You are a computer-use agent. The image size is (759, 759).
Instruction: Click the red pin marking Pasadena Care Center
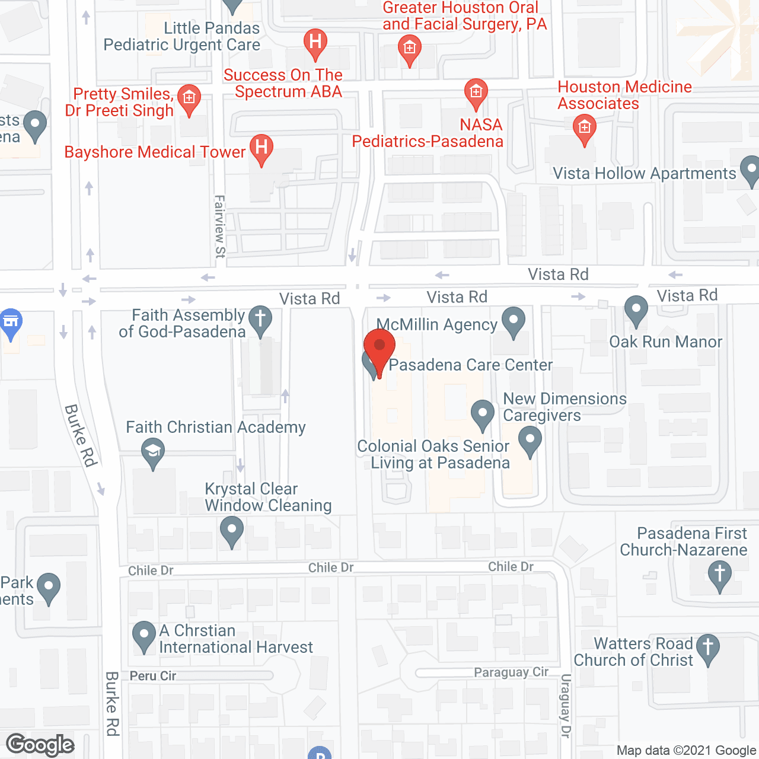(379, 347)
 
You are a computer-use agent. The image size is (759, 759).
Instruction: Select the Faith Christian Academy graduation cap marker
(153, 452)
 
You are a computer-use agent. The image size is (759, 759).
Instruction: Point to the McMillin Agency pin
(514, 321)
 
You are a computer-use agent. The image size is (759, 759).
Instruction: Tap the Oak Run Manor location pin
(636, 310)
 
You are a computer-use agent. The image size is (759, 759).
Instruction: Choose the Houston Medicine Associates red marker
(585, 129)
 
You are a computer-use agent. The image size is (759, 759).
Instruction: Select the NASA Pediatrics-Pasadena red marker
(476, 93)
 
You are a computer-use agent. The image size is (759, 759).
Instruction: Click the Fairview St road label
(220, 227)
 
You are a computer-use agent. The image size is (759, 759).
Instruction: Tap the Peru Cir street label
(153, 676)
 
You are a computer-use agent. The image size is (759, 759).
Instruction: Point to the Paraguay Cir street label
(511, 672)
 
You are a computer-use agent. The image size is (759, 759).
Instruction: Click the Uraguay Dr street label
(566, 706)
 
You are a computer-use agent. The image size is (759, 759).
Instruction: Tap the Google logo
(40, 745)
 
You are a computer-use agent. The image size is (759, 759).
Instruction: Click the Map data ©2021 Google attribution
(686, 751)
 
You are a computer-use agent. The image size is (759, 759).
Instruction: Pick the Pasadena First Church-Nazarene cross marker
(720, 575)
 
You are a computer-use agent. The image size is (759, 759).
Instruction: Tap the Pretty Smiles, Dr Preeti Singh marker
(189, 98)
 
